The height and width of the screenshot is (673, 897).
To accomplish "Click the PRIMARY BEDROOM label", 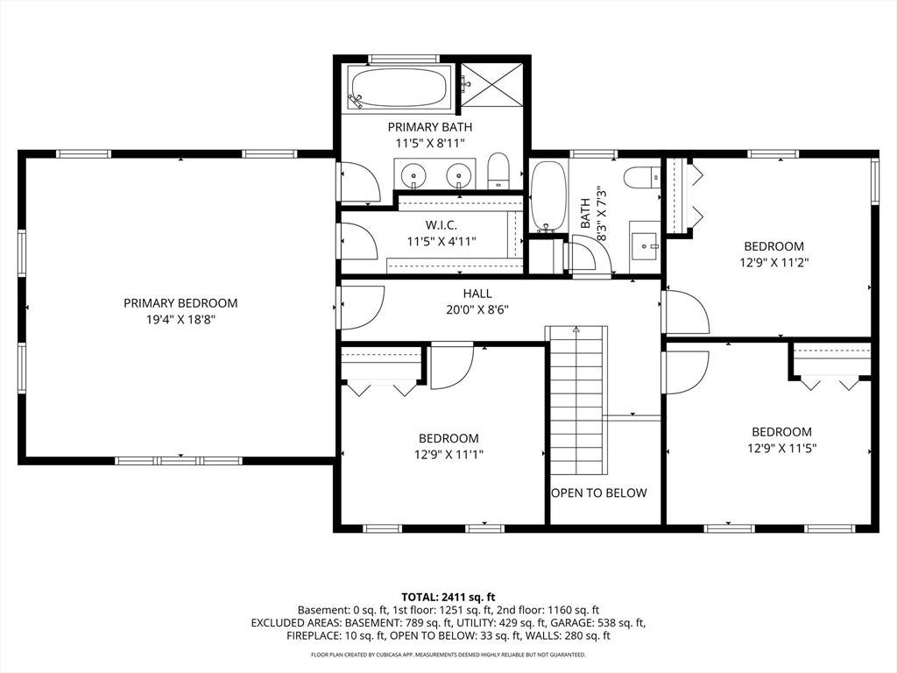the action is (x=180, y=302).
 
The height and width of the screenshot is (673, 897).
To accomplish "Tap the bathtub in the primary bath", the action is (x=399, y=89).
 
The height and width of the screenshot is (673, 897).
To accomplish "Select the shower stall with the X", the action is (x=492, y=84).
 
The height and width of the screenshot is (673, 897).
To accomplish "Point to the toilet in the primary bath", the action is (x=498, y=171).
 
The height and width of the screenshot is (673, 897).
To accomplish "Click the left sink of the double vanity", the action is (x=412, y=174).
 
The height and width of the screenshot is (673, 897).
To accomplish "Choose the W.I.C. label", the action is (x=441, y=225).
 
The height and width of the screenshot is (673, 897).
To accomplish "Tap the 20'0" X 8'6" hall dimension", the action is (x=477, y=310).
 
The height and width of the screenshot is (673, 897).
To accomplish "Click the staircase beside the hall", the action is (x=576, y=400).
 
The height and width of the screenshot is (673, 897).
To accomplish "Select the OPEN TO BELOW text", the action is (x=599, y=492).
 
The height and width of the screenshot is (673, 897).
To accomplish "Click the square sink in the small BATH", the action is (x=645, y=246).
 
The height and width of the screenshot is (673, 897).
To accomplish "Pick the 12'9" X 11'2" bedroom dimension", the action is (x=774, y=263).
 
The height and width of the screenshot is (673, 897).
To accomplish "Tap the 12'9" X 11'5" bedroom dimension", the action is (x=781, y=448).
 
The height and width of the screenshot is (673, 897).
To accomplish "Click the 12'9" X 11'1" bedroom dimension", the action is (x=449, y=455).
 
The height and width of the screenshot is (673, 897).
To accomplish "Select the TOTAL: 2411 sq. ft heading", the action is (x=448, y=598).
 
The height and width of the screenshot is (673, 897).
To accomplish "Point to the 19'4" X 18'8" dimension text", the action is (x=180, y=319).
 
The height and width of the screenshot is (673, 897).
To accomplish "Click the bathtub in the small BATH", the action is (x=549, y=195).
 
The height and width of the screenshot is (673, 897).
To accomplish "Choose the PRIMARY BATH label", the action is (x=430, y=127).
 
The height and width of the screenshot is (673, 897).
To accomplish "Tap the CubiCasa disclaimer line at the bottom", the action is (x=448, y=654).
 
